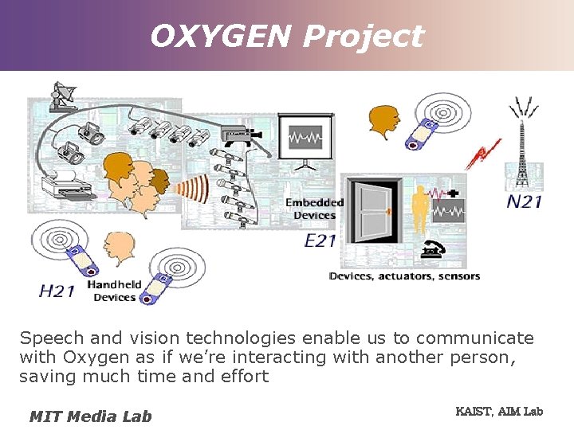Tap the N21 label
524,201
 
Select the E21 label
320,240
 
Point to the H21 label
57,291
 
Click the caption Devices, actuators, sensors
404,276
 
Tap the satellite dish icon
64,96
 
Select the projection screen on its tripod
305,140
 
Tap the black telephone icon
434,250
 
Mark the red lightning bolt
483,153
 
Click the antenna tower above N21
523,143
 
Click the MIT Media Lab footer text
90,416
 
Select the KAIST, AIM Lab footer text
498,411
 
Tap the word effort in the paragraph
242,377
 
